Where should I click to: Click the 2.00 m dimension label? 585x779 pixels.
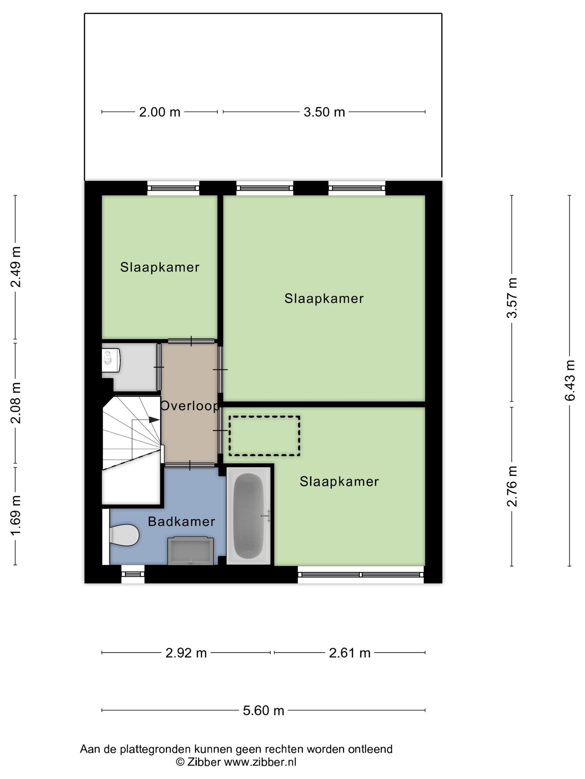pos(160,112)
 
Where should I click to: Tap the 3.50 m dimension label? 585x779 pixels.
pos(324,112)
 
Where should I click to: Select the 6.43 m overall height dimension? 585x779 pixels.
pos(569,380)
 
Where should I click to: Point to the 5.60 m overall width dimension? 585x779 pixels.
pos(264,710)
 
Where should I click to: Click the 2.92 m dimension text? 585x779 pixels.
pos(186,653)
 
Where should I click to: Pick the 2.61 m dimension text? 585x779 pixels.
pos(350,653)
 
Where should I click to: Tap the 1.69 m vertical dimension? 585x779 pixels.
pos(16,515)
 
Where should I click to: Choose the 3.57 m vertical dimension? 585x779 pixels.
pos(512,298)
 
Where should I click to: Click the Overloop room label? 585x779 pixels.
pos(190,406)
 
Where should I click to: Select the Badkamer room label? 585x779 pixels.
pos(181,521)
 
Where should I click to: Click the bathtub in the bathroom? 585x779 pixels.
pos(249,516)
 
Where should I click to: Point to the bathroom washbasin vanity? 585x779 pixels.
pos(190,550)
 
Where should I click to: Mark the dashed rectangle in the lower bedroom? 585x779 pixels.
pos(264,436)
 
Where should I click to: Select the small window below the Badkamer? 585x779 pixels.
pos(133,574)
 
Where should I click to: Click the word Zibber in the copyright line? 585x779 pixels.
pos(203,762)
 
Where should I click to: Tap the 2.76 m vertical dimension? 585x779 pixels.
pos(512,486)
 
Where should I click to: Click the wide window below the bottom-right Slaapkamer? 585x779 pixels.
pos(361,574)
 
